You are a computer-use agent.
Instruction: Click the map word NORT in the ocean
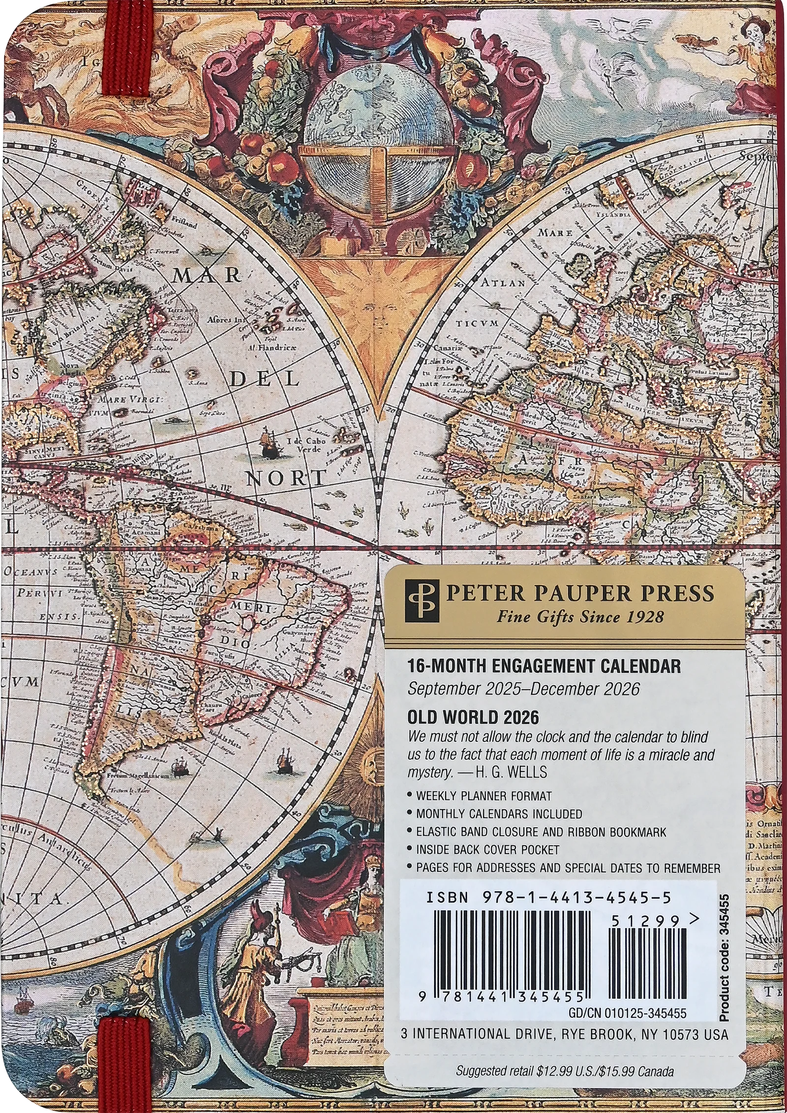click(x=286, y=477)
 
